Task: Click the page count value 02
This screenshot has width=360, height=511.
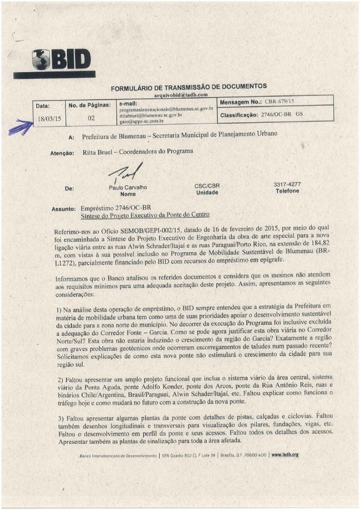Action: coord(91,119)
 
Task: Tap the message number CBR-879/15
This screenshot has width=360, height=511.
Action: coord(280,102)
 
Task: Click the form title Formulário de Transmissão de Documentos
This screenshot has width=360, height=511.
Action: coord(188,87)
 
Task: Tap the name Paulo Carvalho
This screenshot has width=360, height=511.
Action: coord(125,188)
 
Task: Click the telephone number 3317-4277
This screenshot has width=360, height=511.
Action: coord(287,184)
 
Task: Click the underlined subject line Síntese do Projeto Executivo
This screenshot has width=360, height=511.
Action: coord(145,215)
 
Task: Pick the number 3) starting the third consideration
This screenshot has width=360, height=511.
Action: coord(60,416)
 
